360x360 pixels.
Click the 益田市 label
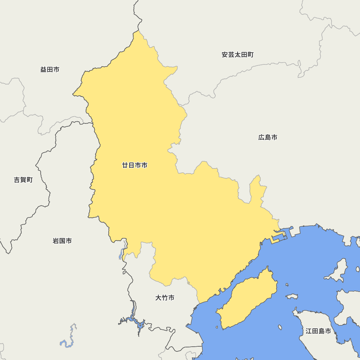click(x=50, y=69)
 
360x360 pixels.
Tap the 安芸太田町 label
click(x=238, y=55)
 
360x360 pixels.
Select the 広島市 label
click(x=268, y=137)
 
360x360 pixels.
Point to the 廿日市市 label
click(x=135, y=165)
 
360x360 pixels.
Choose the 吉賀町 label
click(x=23, y=180)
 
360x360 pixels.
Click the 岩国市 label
click(x=62, y=241)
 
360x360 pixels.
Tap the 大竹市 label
click(x=165, y=298)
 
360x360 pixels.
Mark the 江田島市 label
click(x=318, y=331)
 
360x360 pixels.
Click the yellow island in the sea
click(x=248, y=299)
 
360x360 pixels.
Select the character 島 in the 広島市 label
click(x=268, y=137)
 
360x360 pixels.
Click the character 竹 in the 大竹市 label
click(x=165, y=298)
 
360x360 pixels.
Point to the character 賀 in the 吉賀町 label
click(x=23, y=180)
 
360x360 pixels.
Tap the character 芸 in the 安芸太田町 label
click(x=231, y=55)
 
